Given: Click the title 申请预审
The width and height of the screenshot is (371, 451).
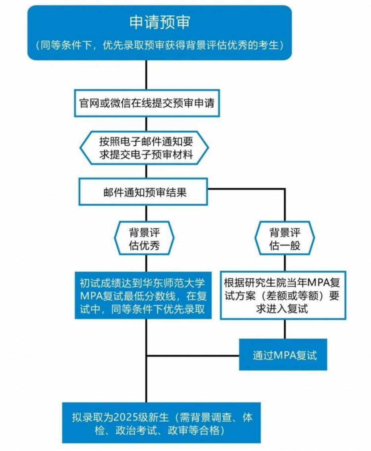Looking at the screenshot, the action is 159,22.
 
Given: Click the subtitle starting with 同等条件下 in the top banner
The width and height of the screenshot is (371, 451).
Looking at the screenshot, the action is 159,45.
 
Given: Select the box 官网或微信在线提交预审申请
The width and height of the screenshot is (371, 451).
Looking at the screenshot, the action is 147,103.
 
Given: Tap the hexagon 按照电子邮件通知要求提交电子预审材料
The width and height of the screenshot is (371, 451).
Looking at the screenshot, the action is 145,148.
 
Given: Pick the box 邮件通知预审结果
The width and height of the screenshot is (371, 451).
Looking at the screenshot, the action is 143,192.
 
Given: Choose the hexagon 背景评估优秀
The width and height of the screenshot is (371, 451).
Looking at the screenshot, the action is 144,238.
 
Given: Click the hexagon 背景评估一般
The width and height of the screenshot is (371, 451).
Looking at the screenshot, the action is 285,238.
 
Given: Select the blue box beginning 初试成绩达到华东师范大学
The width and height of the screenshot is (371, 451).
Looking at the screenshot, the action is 143,295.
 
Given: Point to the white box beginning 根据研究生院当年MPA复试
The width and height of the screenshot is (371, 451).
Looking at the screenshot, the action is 283,295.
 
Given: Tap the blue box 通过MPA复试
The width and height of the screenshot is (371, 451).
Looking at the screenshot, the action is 283,355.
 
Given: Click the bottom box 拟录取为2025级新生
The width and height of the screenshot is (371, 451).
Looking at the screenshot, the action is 161,423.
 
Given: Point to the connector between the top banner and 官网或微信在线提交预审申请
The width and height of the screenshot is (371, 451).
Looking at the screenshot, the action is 147,75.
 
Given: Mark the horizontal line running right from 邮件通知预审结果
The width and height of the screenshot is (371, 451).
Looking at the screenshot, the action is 247,189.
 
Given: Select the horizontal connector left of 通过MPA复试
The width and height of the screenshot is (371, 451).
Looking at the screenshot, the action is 193,356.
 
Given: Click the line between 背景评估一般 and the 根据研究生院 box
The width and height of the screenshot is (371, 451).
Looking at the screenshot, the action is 285,263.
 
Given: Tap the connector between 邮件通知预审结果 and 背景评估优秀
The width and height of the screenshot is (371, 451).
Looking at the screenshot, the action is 146,213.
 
